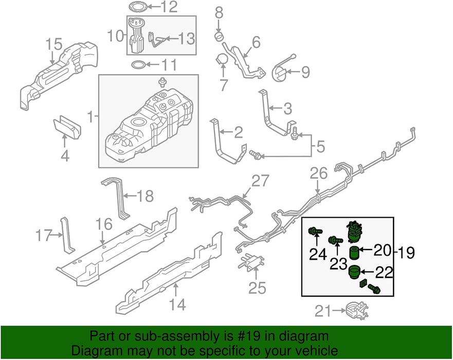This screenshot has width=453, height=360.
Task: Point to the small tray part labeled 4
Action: click(68, 128)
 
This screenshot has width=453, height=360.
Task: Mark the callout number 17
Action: click(45, 237)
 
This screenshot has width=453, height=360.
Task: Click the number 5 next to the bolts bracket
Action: click(320, 147)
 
